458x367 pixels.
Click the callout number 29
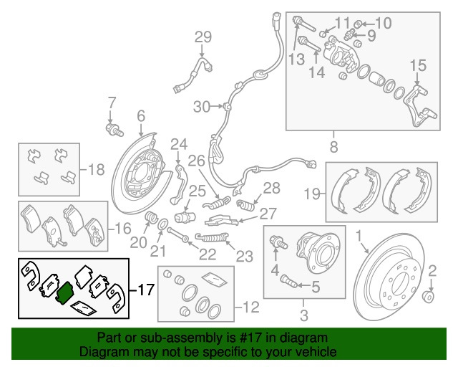click(x=203, y=37)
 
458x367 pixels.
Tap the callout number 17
click(x=145, y=290)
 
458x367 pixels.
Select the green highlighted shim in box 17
click(x=64, y=292)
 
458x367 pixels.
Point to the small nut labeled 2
click(x=429, y=296)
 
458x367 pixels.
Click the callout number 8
click(x=333, y=148)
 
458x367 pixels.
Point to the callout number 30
click(x=203, y=107)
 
